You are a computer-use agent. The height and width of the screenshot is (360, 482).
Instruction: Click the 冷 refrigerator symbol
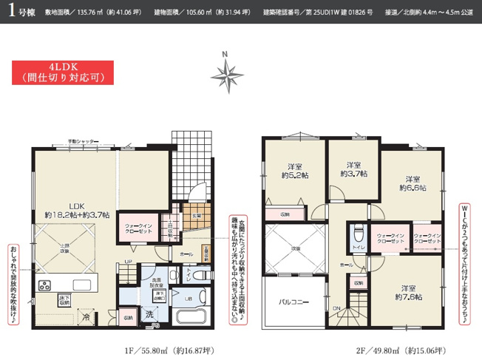(88, 316)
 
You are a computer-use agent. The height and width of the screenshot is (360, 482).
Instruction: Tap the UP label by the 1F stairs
(129, 260)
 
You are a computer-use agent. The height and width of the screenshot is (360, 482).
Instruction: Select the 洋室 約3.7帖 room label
(350, 169)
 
